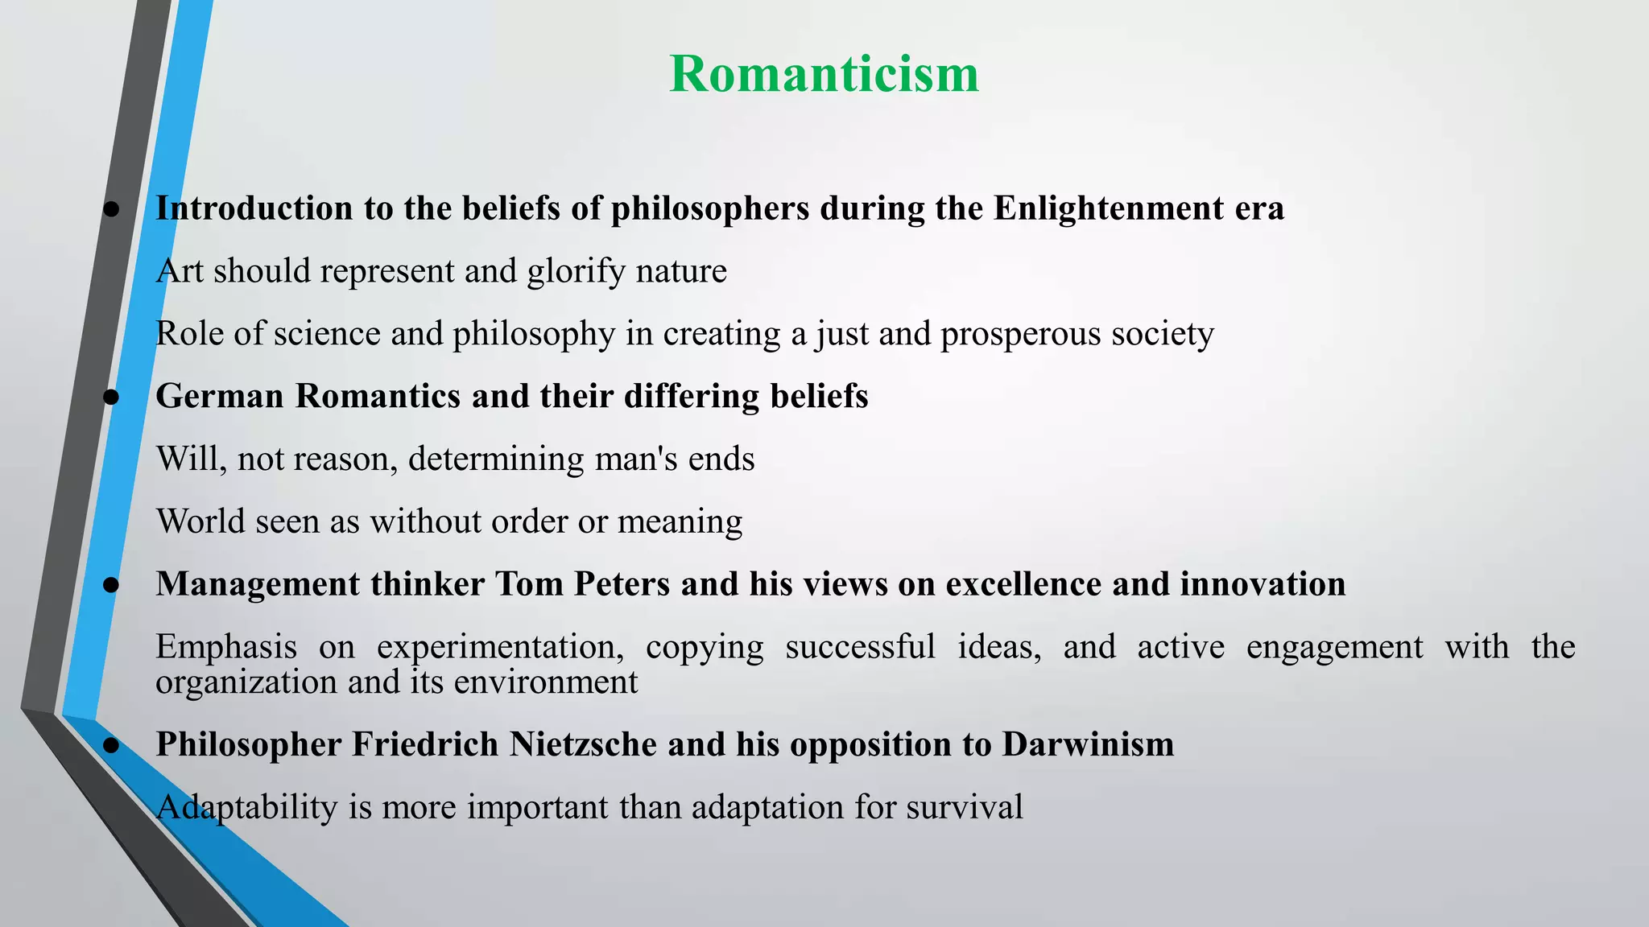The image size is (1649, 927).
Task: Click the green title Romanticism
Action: (824, 74)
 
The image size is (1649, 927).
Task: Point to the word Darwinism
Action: (1088, 744)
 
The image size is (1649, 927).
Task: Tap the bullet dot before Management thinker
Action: (112, 585)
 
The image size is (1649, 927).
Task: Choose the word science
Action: (327, 334)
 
